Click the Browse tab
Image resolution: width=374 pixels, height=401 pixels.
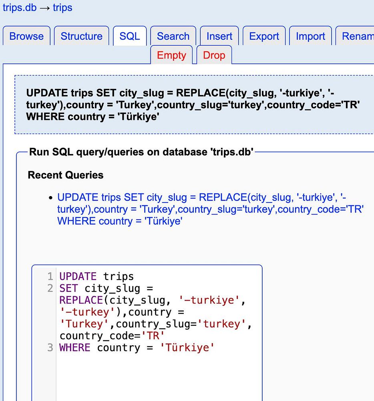[26, 36]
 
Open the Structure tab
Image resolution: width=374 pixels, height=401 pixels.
[81, 36]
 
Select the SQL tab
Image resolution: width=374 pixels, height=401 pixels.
[130, 36]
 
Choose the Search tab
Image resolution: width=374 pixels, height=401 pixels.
[173, 36]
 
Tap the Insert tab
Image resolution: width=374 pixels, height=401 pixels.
[219, 36]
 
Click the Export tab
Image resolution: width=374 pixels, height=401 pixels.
[264, 36]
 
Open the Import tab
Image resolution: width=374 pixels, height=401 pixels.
[310, 36]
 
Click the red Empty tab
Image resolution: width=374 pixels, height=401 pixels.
[171, 55]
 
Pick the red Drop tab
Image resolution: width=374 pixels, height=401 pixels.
[214, 55]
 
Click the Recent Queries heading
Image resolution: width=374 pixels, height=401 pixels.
[66, 175]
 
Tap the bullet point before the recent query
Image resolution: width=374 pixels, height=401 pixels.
[50, 198]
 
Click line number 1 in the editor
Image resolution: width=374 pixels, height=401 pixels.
[50, 276]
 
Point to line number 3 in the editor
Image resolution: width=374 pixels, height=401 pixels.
[50, 347]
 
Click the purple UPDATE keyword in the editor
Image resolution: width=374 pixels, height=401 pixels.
[78, 276]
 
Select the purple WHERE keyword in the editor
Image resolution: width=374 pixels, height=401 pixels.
[74, 347]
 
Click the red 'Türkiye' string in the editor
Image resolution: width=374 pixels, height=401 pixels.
[187, 347]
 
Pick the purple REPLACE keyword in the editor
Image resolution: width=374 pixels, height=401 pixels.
[81, 300]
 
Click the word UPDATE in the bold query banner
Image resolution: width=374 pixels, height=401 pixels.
[47, 93]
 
